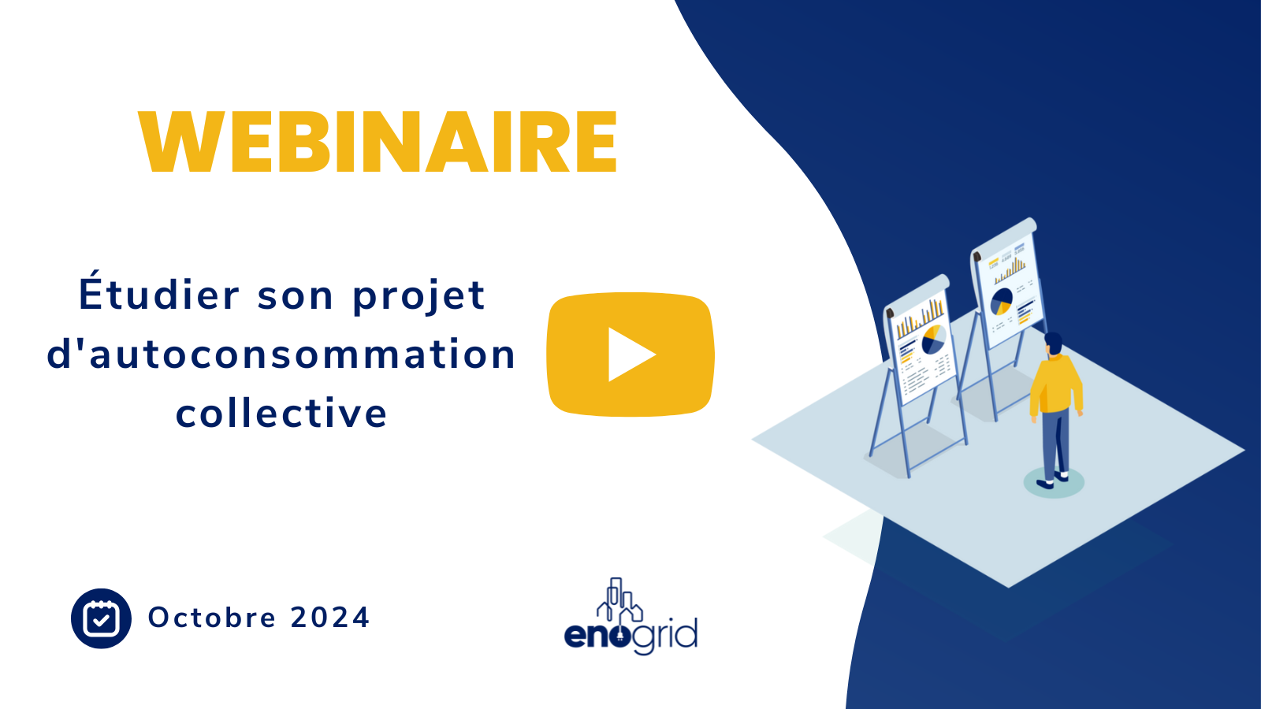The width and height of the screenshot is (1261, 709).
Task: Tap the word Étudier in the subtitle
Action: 158,295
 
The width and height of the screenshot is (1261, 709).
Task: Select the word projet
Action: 418,296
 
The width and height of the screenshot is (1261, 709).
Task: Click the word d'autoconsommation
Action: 281,354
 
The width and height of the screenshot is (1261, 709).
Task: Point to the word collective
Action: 281,413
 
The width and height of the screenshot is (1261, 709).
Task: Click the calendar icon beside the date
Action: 101,618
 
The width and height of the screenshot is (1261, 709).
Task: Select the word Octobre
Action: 212,618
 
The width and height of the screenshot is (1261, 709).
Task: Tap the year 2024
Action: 330,618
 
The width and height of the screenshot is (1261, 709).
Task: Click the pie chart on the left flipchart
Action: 933,339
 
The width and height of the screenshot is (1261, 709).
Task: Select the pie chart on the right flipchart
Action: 1001,301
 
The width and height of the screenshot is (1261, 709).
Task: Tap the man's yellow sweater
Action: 1056,384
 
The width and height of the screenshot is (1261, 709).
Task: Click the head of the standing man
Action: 1054,343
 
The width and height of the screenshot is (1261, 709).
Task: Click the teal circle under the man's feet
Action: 1054,483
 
